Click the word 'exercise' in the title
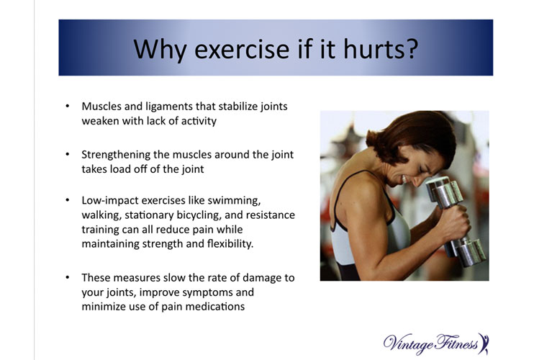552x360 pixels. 242,49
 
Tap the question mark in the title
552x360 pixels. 412,48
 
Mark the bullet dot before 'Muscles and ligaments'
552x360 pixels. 68,106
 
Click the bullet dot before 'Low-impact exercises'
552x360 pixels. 68,200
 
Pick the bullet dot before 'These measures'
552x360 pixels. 68,278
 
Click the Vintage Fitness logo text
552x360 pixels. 430,343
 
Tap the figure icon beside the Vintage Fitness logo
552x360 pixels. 484,343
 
